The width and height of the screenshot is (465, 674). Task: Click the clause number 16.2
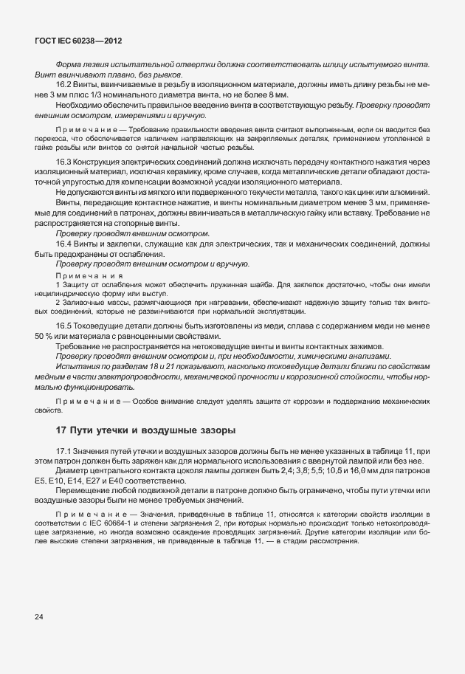(x=63, y=85)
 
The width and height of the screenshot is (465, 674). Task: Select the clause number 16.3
(x=63, y=162)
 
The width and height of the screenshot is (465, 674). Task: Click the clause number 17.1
(x=63, y=450)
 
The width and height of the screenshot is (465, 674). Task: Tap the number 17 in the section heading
(x=63, y=430)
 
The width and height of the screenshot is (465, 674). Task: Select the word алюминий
(x=408, y=192)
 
